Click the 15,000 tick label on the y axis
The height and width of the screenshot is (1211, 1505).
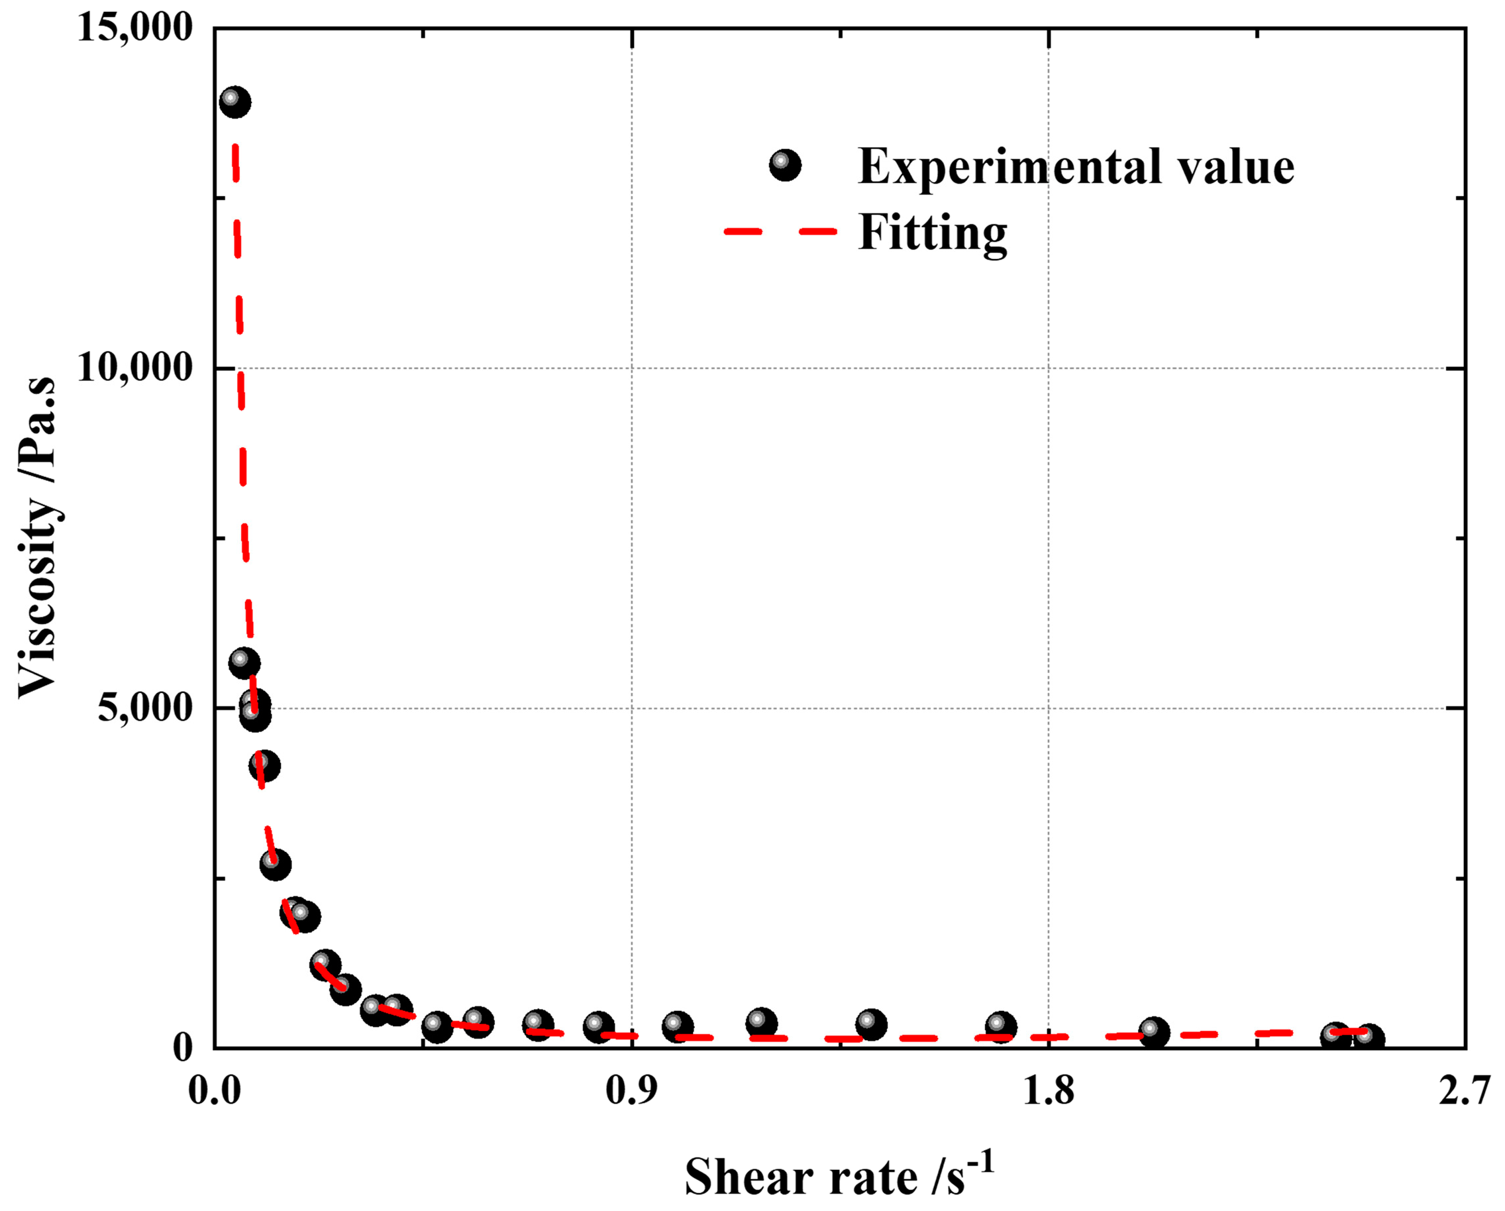point(134,29)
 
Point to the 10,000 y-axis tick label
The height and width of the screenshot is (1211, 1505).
point(134,368)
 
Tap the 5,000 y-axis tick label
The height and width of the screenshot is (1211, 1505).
point(144,708)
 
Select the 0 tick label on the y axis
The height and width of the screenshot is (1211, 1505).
point(183,1047)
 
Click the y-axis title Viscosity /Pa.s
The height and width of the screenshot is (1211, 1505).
point(38,537)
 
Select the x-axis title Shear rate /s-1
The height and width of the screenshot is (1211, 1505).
point(838,1176)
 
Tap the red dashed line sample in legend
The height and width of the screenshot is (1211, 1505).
point(780,231)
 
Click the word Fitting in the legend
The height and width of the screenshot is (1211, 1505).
point(933,233)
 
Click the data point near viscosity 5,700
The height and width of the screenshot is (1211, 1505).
point(244,662)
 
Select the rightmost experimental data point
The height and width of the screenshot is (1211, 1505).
point(1368,1039)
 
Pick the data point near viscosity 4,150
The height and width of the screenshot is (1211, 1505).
point(264,766)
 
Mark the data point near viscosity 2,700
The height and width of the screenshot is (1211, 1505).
point(275,865)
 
